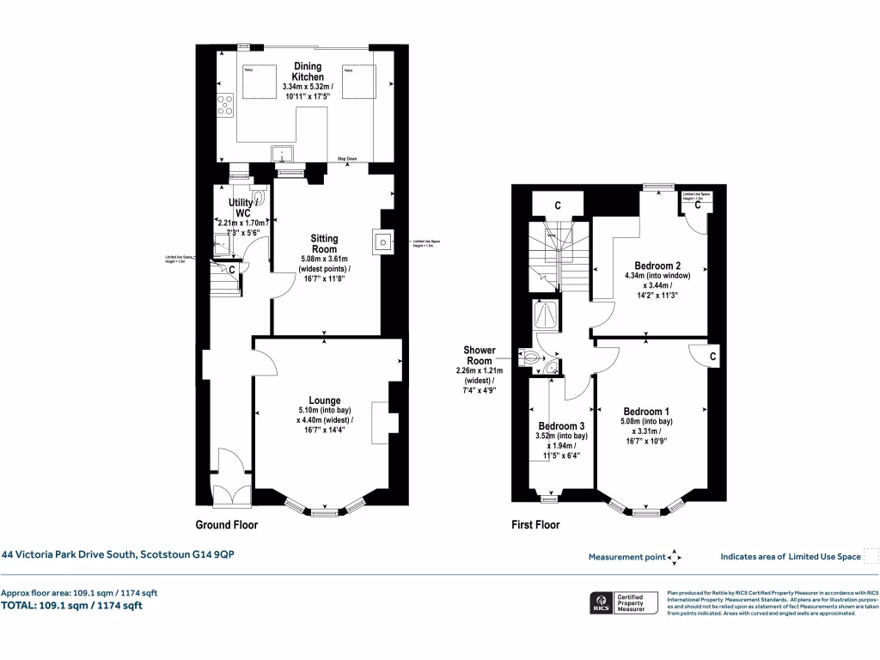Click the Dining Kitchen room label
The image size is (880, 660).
[x=308, y=72]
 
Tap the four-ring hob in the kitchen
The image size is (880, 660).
[x=225, y=105]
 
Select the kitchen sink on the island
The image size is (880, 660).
[x=282, y=155]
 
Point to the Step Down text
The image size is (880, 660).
[x=347, y=159]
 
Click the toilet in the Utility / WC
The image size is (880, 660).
[x=258, y=197]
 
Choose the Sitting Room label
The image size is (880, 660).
[x=325, y=244]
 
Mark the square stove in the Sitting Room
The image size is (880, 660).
[x=381, y=242]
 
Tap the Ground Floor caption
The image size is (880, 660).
[x=227, y=524]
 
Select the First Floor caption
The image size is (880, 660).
[x=535, y=524]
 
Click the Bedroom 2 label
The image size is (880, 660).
[x=657, y=266]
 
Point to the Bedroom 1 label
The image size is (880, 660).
[x=647, y=411]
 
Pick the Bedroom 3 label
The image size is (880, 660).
[x=561, y=426]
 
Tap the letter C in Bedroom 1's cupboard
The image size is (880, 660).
[x=714, y=356]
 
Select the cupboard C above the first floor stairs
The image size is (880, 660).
[x=558, y=205]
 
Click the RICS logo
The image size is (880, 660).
[x=598, y=602]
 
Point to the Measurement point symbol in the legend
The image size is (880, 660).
[x=675, y=557]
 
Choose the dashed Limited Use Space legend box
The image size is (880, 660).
[x=870, y=556]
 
